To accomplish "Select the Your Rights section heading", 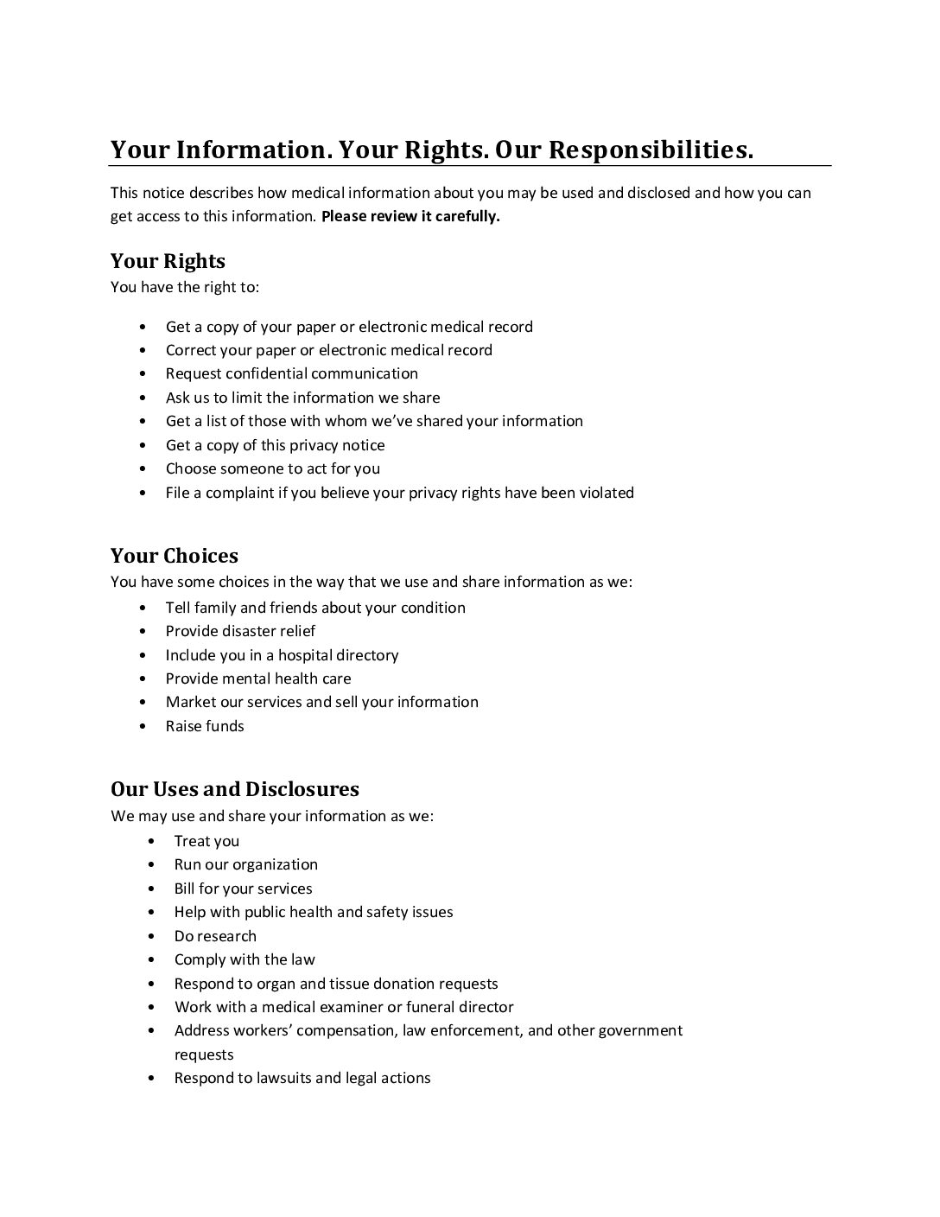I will point(168,261).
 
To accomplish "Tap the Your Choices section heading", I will point(174,555).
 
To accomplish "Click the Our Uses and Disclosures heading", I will point(234,788).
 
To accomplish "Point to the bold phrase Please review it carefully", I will point(410,216).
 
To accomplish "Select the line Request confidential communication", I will point(291,373).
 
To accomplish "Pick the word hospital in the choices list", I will point(306,655).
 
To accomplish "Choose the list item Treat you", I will point(206,841).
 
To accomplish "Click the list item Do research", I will point(215,936).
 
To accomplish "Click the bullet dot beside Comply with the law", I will point(152,960).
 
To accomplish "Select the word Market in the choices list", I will point(190,702).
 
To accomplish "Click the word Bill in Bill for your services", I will point(184,889).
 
